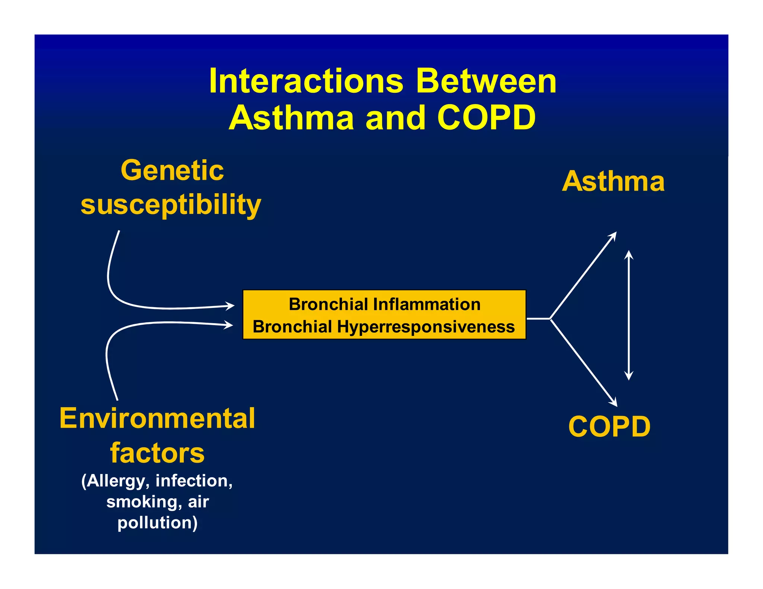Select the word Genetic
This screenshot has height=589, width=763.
[x=172, y=170]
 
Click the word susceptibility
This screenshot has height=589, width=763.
[x=171, y=204]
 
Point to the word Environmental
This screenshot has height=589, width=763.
[x=157, y=418]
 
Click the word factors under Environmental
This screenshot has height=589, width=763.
[x=157, y=453]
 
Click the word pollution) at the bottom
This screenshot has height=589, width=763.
[x=157, y=522]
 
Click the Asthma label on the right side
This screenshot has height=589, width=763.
[x=613, y=181]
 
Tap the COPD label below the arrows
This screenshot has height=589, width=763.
[x=610, y=426]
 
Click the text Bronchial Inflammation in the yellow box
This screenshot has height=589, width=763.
[x=384, y=304]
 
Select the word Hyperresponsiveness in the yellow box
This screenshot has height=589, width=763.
[x=426, y=327]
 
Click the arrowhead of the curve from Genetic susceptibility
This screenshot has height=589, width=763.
[x=231, y=306]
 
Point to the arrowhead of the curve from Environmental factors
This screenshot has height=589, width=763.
[x=229, y=325]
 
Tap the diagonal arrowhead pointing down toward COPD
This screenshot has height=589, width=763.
[x=614, y=402]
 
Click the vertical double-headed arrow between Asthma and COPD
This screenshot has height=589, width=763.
[x=629, y=315]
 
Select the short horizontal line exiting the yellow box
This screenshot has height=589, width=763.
[x=538, y=318]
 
